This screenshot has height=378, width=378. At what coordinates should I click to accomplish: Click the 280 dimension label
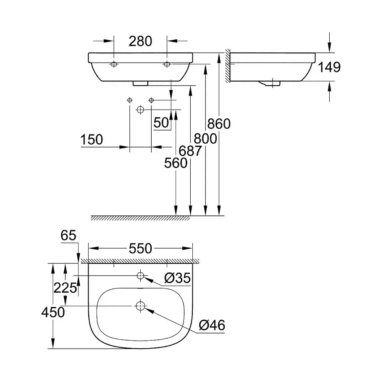[x=140, y=41]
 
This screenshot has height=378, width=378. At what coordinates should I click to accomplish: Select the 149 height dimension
[x=329, y=67]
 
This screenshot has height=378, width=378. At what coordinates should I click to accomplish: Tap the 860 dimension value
[x=219, y=124]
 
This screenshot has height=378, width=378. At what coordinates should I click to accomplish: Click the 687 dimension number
[x=190, y=151]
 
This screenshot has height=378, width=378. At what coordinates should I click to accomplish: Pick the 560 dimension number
[x=176, y=163]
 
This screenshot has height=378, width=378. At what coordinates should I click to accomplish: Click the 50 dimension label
[x=161, y=123]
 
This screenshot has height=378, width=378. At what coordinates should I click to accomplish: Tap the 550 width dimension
[x=140, y=249]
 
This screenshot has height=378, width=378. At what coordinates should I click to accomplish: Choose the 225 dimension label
[x=65, y=288]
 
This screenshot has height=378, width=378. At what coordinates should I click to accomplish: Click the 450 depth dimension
[x=52, y=312]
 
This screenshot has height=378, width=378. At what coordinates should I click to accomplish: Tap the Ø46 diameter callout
[x=212, y=325]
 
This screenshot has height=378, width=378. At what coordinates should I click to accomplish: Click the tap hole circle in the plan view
[x=140, y=276]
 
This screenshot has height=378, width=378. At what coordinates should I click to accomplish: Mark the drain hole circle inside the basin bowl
[x=140, y=306]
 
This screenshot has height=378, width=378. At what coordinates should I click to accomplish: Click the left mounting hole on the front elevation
[x=114, y=64]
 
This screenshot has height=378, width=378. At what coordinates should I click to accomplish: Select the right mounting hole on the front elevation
[x=167, y=64]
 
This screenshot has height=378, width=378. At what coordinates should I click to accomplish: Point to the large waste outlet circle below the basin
[x=140, y=110]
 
